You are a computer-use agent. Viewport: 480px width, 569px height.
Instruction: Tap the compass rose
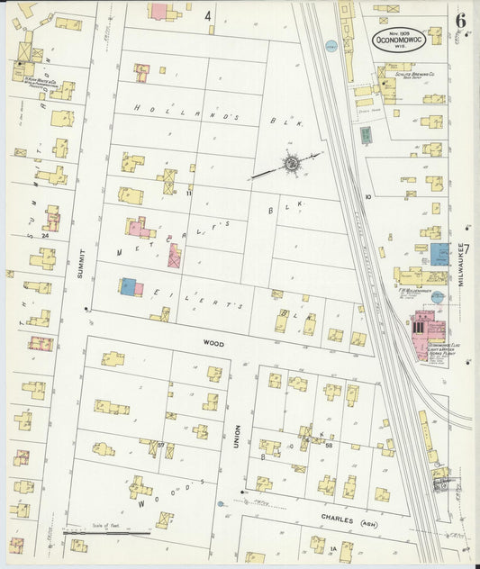click(292, 164)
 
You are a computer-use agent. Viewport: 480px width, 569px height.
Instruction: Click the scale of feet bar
click(106, 534)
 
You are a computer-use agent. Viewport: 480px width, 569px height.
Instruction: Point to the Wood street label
click(213, 343)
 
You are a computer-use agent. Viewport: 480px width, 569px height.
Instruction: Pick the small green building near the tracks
click(366, 135)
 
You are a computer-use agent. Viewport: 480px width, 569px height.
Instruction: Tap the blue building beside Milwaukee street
click(439, 254)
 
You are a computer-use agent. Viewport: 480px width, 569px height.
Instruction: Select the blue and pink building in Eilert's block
click(131, 287)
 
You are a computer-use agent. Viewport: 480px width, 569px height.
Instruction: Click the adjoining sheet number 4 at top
click(207, 15)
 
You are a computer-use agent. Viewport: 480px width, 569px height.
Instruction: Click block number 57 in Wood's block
click(161, 444)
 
